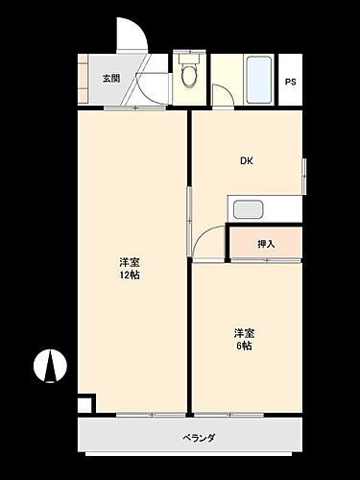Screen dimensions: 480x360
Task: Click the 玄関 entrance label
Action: coord(110,79)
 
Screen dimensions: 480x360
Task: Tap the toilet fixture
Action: coord(188,72)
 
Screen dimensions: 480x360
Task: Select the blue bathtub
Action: coord(259,80)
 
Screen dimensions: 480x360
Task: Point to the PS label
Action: coord(289,81)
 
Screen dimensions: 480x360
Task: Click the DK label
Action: coord(247,161)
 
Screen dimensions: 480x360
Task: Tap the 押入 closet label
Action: coord(266,244)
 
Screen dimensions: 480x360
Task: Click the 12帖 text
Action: coord(129,276)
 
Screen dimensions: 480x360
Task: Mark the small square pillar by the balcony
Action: coord(85,404)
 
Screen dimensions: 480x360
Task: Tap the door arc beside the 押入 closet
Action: coord(207,244)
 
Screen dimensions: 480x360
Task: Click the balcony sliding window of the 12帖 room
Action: coord(137,415)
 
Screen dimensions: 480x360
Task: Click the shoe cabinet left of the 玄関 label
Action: coord(86,79)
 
